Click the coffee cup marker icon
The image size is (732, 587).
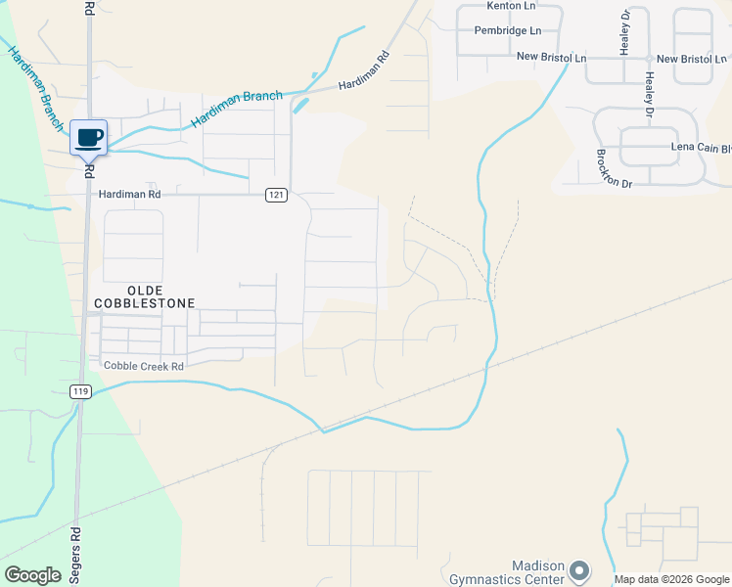coord(88,138)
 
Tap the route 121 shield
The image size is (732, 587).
coord(276,196)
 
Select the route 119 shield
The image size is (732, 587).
coord(80,391)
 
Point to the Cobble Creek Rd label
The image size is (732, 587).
coord(144,366)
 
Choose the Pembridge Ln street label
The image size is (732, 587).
coord(507,31)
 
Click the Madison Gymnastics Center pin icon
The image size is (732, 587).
coord(580,569)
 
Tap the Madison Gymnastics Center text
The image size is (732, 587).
coord(510,573)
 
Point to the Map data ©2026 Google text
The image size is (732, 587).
coord(672,580)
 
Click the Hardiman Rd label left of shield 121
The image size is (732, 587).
coord(129,195)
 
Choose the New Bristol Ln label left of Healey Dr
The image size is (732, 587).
coord(551,59)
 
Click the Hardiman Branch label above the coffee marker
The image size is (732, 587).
coord(237,109)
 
